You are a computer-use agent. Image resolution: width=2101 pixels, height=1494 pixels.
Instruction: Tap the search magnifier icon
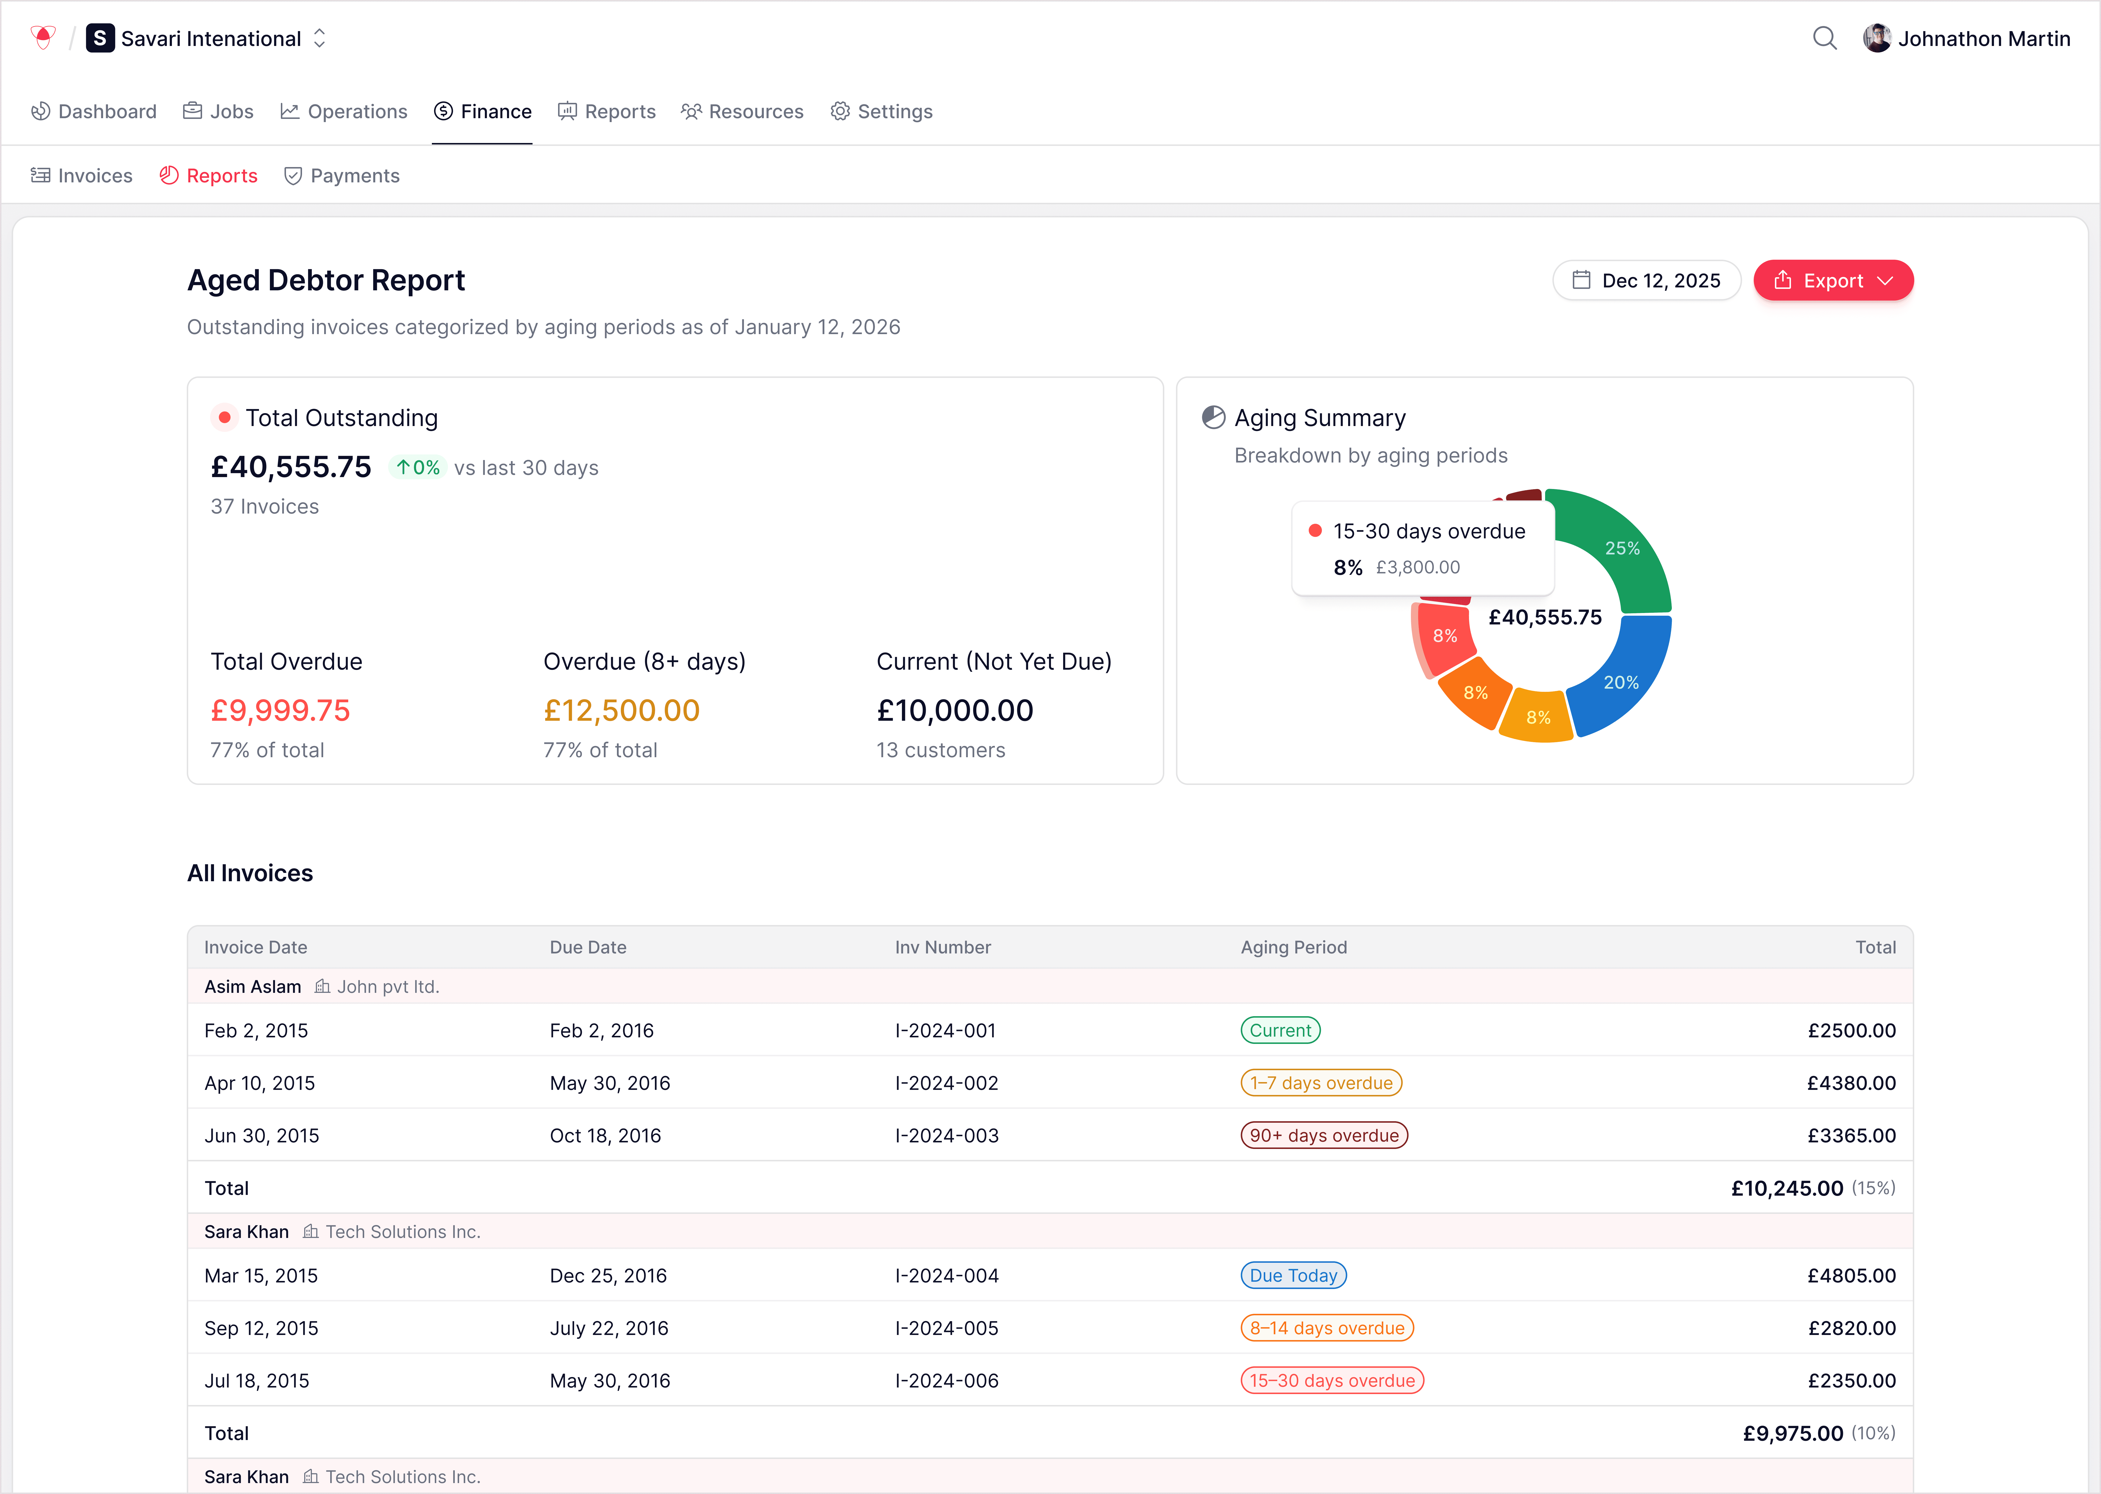coord(1824,39)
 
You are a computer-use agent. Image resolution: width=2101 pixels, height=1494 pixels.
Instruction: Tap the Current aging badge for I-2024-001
coord(1280,1030)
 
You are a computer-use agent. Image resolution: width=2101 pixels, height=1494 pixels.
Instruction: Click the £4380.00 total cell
coord(1851,1083)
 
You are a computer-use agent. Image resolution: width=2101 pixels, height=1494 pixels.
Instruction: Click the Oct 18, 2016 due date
coord(605,1135)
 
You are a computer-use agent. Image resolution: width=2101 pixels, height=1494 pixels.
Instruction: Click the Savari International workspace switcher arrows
coord(319,39)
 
